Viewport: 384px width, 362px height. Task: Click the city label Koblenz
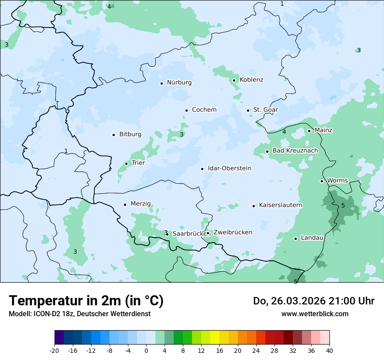click(x=251, y=80)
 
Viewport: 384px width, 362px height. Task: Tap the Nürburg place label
click(x=179, y=82)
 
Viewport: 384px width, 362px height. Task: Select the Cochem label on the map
click(x=204, y=110)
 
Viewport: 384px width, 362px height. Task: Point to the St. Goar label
click(x=265, y=110)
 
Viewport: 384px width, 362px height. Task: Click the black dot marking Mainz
click(x=309, y=131)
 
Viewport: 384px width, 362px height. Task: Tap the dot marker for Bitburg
click(x=113, y=135)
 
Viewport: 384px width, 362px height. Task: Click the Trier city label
click(x=138, y=163)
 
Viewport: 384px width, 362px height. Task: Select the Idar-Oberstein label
click(x=230, y=168)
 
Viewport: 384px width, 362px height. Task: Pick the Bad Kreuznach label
click(x=295, y=151)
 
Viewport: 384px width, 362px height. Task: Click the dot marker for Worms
click(x=322, y=181)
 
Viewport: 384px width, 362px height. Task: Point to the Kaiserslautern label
click(x=281, y=205)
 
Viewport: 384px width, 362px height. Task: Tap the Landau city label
click(x=312, y=238)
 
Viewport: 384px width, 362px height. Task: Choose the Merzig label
click(x=141, y=204)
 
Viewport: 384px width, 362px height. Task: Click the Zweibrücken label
click(x=233, y=232)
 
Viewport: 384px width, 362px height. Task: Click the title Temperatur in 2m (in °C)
click(x=86, y=301)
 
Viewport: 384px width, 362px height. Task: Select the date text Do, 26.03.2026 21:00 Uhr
click(x=314, y=301)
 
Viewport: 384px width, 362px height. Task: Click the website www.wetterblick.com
click(x=315, y=314)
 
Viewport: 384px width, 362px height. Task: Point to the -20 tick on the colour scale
click(x=55, y=351)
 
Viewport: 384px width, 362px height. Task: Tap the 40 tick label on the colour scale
click(x=329, y=351)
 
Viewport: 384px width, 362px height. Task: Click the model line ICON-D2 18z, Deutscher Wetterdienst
click(x=79, y=314)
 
